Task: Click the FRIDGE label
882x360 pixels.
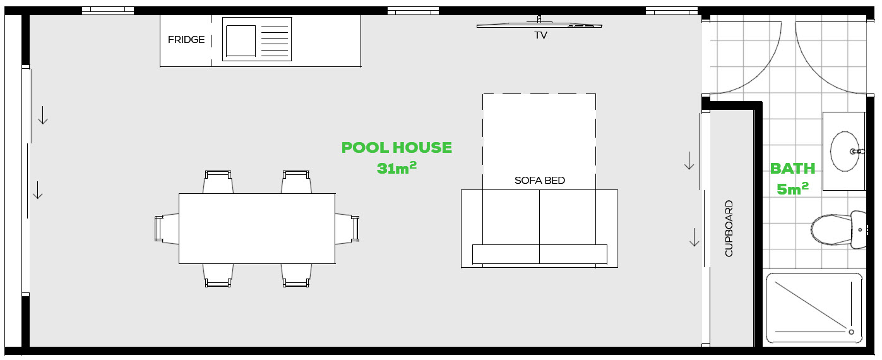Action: pyautogui.click(x=186, y=40)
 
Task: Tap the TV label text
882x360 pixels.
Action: pyautogui.click(x=540, y=35)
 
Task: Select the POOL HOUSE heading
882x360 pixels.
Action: pyautogui.click(x=396, y=148)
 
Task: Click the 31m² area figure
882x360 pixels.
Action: pyautogui.click(x=396, y=168)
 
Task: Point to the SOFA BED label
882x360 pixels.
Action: pyautogui.click(x=539, y=181)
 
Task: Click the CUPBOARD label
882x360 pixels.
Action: pyautogui.click(x=729, y=229)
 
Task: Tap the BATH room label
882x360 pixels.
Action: pyautogui.click(x=792, y=169)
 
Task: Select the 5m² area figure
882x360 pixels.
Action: pyautogui.click(x=792, y=189)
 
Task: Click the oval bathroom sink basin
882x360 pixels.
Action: pyautogui.click(x=845, y=151)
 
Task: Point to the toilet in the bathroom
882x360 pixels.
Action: pyautogui.click(x=838, y=230)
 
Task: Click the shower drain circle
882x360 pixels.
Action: pyautogui.click(x=851, y=332)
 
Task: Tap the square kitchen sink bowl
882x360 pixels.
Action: pyautogui.click(x=241, y=40)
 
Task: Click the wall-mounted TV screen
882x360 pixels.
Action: pyautogui.click(x=539, y=26)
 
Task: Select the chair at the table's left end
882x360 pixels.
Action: pyautogui.click(x=167, y=229)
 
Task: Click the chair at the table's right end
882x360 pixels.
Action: pyautogui.click(x=347, y=229)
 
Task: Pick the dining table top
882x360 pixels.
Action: pyautogui.click(x=257, y=229)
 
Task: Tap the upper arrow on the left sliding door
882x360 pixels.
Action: pyautogui.click(x=43, y=115)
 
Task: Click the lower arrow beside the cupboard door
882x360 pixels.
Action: pyautogui.click(x=694, y=237)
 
